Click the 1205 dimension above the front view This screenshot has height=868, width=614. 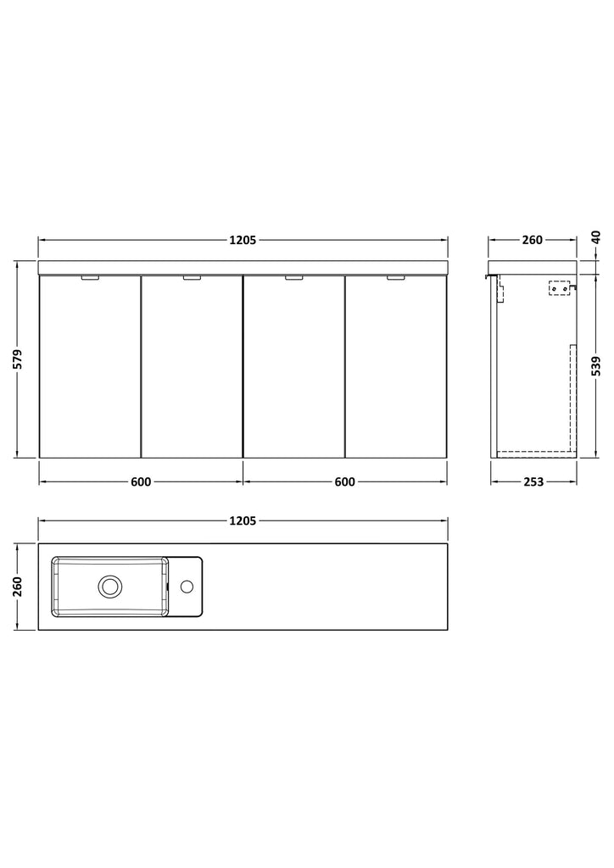pyautogui.click(x=243, y=240)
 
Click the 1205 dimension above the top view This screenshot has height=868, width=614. pyautogui.click(x=243, y=520)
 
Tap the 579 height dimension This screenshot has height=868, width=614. pyautogui.click(x=18, y=359)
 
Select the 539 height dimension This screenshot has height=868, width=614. pyautogui.click(x=595, y=366)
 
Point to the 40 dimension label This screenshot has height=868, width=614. pyautogui.click(x=595, y=238)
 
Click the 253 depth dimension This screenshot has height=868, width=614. pyautogui.click(x=533, y=481)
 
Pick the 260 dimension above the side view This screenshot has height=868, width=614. pyautogui.click(x=532, y=240)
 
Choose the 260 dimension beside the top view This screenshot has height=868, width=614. pyautogui.click(x=18, y=587)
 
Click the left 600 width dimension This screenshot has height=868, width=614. pyautogui.click(x=141, y=481)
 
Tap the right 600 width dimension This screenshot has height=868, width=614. pyautogui.click(x=344, y=481)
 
